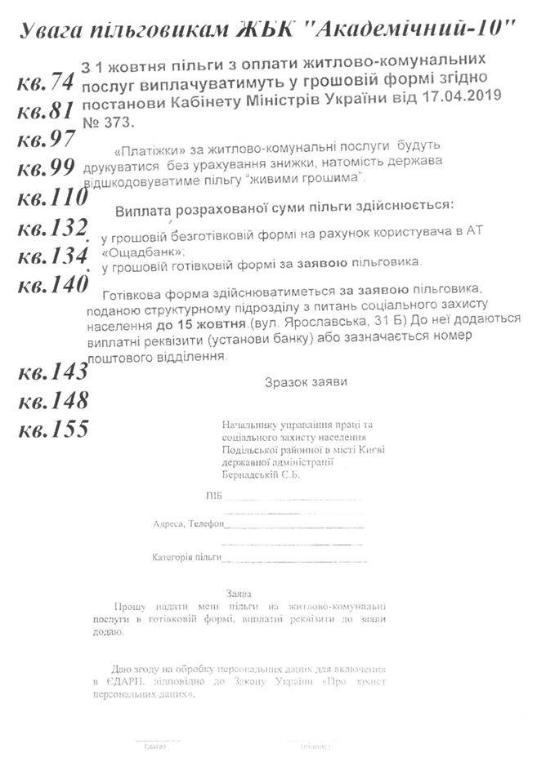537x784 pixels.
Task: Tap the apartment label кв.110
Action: [x=52, y=198]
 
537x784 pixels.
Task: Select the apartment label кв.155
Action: [x=52, y=429]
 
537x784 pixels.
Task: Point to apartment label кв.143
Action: [x=52, y=372]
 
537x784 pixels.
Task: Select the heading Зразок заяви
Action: [x=306, y=381]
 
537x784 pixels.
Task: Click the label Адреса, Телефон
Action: [x=187, y=523]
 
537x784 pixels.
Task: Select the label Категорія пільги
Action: [x=186, y=557]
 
